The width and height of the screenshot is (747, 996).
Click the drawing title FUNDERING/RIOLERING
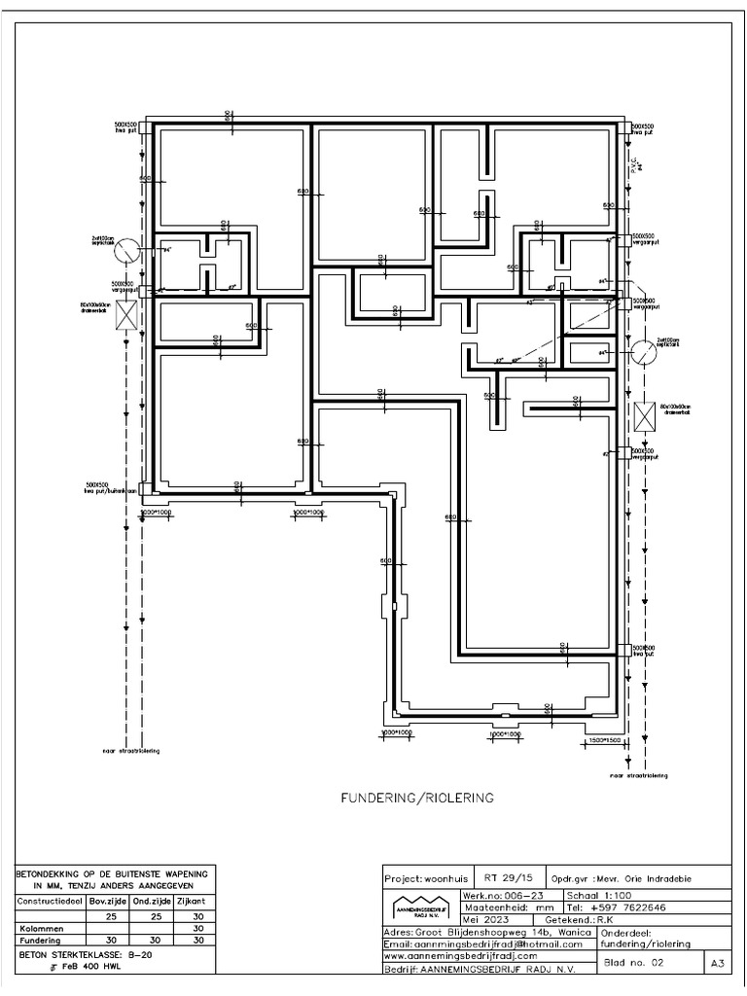coord(416,798)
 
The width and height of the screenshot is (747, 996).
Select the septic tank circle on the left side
coord(124,252)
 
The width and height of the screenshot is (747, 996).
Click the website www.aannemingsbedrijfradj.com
coord(461,956)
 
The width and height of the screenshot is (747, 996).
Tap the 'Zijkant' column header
coord(196,901)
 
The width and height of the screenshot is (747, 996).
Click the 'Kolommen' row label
coord(38,929)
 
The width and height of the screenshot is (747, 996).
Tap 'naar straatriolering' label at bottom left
coord(131,751)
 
